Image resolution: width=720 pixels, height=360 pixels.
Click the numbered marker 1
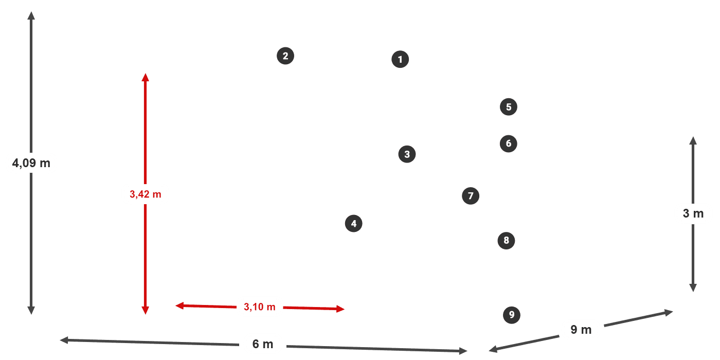pyautogui.click(x=400, y=60)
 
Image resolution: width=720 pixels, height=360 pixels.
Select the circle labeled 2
pyautogui.click(x=285, y=56)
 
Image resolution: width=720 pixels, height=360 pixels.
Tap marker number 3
pyautogui.click(x=407, y=154)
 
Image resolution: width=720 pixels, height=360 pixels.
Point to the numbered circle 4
pyautogui.click(x=354, y=224)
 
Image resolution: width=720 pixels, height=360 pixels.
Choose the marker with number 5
pyautogui.click(x=509, y=107)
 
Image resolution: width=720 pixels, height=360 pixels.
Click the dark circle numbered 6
pyautogui.click(x=509, y=143)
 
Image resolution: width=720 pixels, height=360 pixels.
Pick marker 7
pyautogui.click(x=471, y=196)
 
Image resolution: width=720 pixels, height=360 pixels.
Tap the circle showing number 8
pyautogui.click(x=506, y=240)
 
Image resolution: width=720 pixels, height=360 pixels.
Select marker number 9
pyautogui.click(x=511, y=314)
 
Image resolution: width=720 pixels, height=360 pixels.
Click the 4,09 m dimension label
pyautogui.click(x=31, y=164)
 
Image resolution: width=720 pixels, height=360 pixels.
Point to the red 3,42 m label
pyautogui.click(x=145, y=194)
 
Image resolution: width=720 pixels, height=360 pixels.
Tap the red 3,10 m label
pyautogui.click(x=260, y=307)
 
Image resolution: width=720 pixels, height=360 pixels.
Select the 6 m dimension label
pyautogui.click(x=262, y=344)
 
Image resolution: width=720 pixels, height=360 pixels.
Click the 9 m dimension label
pyautogui.click(x=581, y=330)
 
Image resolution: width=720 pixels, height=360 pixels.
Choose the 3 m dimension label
pyautogui.click(x=693, y=213)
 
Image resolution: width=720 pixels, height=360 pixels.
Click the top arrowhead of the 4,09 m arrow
pyautogui.click(x=31, y=14)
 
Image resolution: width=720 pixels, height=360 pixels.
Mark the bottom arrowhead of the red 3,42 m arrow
pyautogui.click(x=145, y=310)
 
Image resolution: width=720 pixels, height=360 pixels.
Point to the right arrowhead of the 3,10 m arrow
pyautogui.click(x=341, y=309)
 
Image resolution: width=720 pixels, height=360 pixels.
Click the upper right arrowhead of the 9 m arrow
pyautogui.click(x=670, y=311)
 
